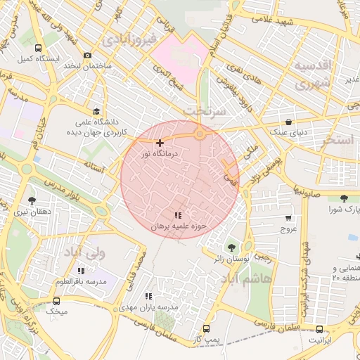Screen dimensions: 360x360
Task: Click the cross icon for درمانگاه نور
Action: point(160,143)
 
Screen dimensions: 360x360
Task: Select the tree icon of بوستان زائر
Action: point(231,247)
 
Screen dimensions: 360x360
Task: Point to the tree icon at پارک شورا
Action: point(343,198)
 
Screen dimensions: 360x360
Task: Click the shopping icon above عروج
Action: point(288,219)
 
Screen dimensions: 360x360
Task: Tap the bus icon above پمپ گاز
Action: point(206,328)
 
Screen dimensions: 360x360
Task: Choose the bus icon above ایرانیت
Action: point(320,329)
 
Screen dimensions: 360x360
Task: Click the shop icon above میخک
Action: point(56,301)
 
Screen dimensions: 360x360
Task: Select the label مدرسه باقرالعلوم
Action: point(81,281)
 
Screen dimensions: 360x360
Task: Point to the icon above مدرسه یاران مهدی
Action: point(148,297)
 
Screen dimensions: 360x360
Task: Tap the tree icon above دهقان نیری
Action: point(31,200)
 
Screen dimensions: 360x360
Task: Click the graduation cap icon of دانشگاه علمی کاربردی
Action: point(96,111)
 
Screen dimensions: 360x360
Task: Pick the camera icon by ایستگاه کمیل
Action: point(87,56)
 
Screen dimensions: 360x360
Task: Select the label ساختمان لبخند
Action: point(89,66)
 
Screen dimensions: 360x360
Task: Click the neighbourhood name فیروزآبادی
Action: point(131,39)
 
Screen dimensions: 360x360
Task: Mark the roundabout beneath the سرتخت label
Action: point(200,134)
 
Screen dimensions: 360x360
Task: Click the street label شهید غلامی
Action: point(291,21)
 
